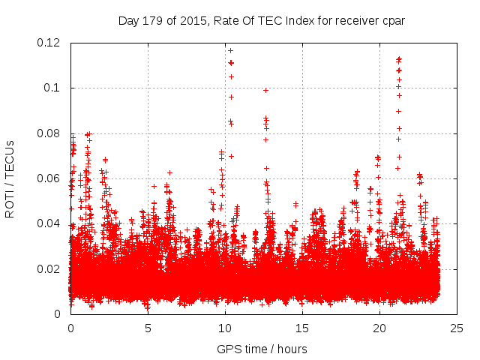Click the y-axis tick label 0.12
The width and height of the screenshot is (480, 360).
tap(50, 43)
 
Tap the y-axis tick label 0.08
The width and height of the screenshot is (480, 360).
tap(50, 133)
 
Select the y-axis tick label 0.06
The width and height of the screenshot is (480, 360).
tap(50, 178)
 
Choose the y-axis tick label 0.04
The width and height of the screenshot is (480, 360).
tap(50, 223)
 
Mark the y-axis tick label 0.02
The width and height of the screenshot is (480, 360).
tap(50, 268)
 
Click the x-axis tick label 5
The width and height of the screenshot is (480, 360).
tap(148, 328)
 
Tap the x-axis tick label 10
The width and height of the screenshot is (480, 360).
tap(225, 328)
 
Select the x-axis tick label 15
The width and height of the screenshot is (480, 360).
tap(302, 328)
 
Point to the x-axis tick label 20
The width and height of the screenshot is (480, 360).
tap(379, 328)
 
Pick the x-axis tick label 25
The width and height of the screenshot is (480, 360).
tap(457, 328)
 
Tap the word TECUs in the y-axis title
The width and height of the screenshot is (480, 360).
tap(10, 155)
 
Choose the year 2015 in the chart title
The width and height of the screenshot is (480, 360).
tap(194, 20)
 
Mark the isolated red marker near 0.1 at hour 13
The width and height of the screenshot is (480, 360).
tap(265, 90)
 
